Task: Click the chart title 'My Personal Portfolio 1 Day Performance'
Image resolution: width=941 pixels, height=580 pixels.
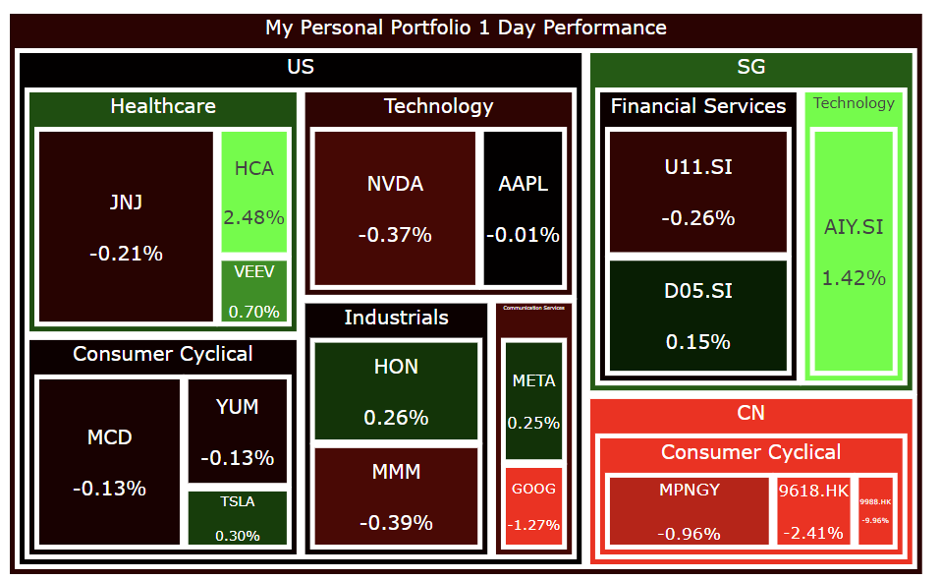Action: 466,28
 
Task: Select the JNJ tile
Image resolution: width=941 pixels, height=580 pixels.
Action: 126,227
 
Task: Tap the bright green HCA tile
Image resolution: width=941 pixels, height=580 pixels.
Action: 253,192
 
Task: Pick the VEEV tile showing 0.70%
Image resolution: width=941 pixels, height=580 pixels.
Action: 253,291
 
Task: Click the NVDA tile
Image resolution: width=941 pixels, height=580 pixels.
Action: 394,207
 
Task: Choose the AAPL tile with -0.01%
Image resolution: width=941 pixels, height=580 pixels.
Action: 523,207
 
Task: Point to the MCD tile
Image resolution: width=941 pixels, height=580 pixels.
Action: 109,461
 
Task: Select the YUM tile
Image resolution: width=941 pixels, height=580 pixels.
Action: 237,431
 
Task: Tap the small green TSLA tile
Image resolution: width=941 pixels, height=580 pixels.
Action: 237,518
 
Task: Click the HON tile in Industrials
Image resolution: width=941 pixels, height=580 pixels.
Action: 396,390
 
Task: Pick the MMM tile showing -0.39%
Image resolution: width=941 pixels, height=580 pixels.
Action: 396,495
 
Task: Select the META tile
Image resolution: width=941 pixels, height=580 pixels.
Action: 533,401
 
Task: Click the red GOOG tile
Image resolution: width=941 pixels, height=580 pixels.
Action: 533,506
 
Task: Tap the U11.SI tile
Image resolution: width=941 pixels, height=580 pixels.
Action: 697,192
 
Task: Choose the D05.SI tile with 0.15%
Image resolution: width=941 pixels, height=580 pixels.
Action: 697,315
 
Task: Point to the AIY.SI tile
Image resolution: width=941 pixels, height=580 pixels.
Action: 853,252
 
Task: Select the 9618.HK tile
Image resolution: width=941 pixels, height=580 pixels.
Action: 812,510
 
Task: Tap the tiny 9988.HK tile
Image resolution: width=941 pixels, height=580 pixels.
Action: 874,510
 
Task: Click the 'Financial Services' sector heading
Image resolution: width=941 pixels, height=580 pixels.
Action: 697,106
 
